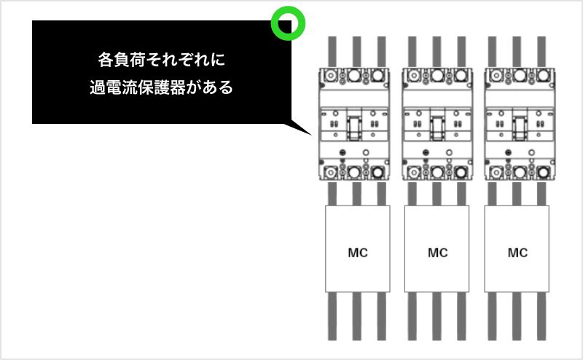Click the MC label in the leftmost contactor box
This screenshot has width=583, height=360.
(358, 253)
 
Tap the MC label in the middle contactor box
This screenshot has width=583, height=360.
(438, 253)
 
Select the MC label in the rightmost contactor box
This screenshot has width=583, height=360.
(517, 253)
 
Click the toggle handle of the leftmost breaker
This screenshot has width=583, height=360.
(354, 128)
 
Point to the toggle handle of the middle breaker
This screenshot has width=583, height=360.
(437, 128)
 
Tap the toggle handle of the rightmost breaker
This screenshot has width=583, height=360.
(520, 128)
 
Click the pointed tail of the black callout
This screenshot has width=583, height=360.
(311, 135)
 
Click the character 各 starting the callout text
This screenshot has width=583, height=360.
(105, 60)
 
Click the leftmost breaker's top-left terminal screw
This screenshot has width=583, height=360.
(330, 76)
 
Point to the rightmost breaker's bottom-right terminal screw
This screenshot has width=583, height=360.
(543, 173)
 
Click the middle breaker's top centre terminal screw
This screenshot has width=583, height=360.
(437, 76)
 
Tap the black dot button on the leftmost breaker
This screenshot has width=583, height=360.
(343, 152)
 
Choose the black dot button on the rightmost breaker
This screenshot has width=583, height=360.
(508, 152)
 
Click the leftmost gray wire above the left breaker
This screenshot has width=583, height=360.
(332, 52)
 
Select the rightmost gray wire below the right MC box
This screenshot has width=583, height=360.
(541, 316)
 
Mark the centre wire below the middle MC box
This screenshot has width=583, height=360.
(437, 316)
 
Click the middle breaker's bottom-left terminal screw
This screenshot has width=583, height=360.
(413, 173)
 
